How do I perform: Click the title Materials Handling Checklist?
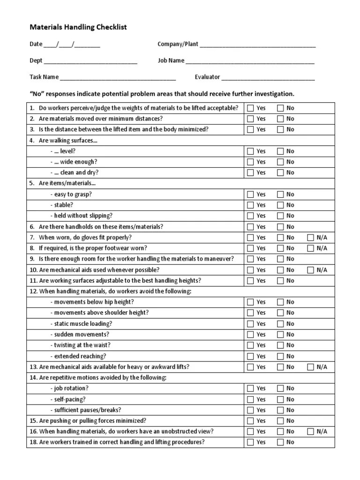pyautogui.click(x=78, y=28)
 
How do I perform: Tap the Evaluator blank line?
pyautogui.click(x=268, y=77)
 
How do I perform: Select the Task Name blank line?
pyautogui.click(x=118, y=77)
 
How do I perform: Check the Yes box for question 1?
pyautogui.click(x=250, y=108)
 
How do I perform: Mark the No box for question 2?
pyautogui.click(x=280, y=119)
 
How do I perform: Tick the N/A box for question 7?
pyautogui.click(x=310, y=238)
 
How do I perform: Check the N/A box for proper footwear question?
pyautogui.click(x=310, y=248)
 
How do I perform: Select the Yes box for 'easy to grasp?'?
pyautogui.click(x=250, y=195)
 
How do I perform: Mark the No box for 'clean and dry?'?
pyautogui.click(x=280, y=173)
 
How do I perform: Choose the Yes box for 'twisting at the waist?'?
pyautogui.click(x=250, y=345)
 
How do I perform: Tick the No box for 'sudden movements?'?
pyautogui.click(x=280, y=335)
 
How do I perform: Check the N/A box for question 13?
pyautogui.click(x=310, y=367)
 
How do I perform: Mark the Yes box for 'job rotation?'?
pyautogui.click(x=250, y=389)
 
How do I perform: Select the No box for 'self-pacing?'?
pyautogui.click(x=280, y=399)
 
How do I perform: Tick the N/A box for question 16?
pyautogui.click(x=310, y=432)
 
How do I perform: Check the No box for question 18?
pyautogui.click(x=280, y=442)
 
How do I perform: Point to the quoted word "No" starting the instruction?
pyautogui.click(x=37, y=94)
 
